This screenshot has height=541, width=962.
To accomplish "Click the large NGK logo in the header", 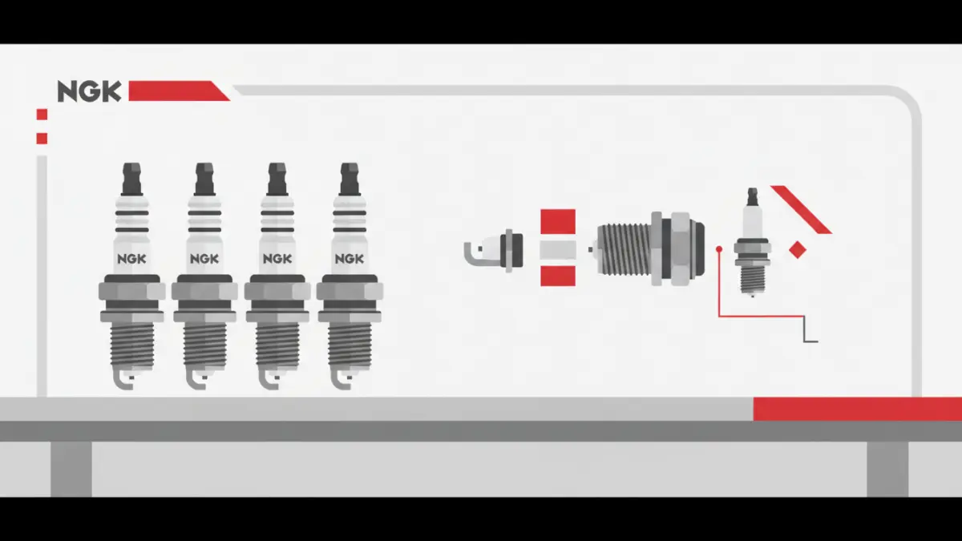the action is point(89,91).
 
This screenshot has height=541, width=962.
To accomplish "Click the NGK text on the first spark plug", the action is point(131,259).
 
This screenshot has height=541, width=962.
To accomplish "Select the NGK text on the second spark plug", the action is point(204,259).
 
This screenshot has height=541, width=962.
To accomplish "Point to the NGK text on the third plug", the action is point(277,259).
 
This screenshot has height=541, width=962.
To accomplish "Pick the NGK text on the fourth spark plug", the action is point(350,259).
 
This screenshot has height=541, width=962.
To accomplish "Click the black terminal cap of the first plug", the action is point(131,179).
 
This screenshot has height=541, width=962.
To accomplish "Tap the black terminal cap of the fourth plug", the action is point(350,179).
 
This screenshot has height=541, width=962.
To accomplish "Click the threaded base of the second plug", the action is point(205,345).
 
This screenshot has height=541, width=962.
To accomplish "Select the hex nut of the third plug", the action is point(277,292).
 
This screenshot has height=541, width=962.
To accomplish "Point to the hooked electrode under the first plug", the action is point(124,379).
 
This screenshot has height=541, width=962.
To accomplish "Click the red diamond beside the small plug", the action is point(798,250).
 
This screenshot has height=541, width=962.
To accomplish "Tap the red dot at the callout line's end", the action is point(719,249).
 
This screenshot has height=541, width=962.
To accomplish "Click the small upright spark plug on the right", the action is point(753,242).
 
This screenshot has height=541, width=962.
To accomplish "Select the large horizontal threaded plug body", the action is point(649,248).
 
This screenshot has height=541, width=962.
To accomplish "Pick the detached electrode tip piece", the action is point(494,251).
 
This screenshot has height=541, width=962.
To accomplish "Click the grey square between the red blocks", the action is point(558,250).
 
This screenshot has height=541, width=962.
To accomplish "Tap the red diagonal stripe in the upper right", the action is point(802,209).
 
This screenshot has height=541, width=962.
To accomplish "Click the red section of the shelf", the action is point(858,409).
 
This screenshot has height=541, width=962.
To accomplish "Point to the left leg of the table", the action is point(71,470).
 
